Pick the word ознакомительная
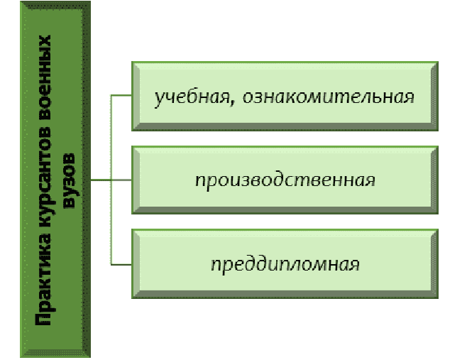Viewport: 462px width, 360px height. pyautogui.click(x=328, y=97)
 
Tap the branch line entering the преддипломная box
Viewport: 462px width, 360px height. pyautogui.click(x=121, y=264)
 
